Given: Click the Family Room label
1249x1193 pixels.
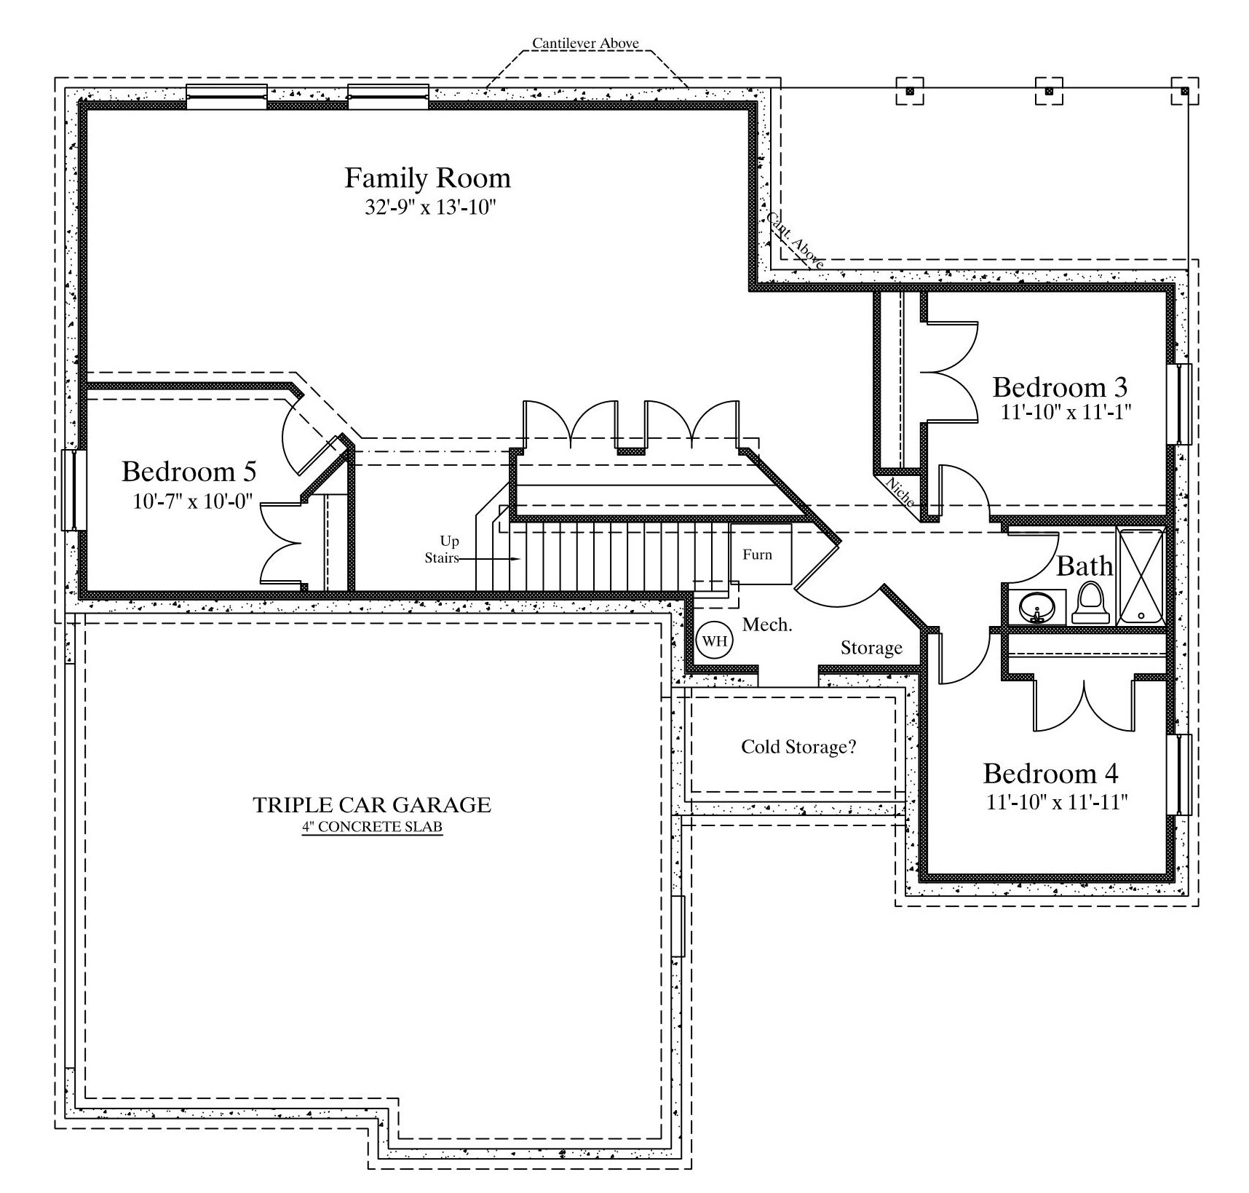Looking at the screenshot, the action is (427, 178).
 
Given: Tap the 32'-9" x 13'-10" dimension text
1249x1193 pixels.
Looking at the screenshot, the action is (430, 208).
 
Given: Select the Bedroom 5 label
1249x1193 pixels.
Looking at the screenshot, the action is (189, 472).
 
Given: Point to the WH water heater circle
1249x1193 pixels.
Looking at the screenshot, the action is (715, 641).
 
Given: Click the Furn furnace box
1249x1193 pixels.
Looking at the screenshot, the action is (761, 554).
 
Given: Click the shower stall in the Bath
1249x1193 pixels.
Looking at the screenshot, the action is (1141, 576).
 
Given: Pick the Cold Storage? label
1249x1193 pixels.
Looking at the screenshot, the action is (798, 747).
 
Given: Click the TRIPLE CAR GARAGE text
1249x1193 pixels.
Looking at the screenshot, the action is (372, 804).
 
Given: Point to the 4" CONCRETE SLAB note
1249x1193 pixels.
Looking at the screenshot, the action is (372, 827).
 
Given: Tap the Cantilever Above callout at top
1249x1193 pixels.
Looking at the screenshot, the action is (585, 44).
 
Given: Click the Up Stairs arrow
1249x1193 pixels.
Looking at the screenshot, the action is (488, 559).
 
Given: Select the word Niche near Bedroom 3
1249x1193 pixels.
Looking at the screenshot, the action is (900, 491).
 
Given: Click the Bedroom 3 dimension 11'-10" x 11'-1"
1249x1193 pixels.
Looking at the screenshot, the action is (1066, 412).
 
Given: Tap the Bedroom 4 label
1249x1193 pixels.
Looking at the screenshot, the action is (1050, 773).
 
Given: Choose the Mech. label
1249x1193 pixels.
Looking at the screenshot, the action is (767, 625).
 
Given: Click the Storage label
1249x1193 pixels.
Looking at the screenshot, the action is (871, 648).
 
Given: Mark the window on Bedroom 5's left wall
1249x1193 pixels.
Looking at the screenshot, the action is (71, 490).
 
